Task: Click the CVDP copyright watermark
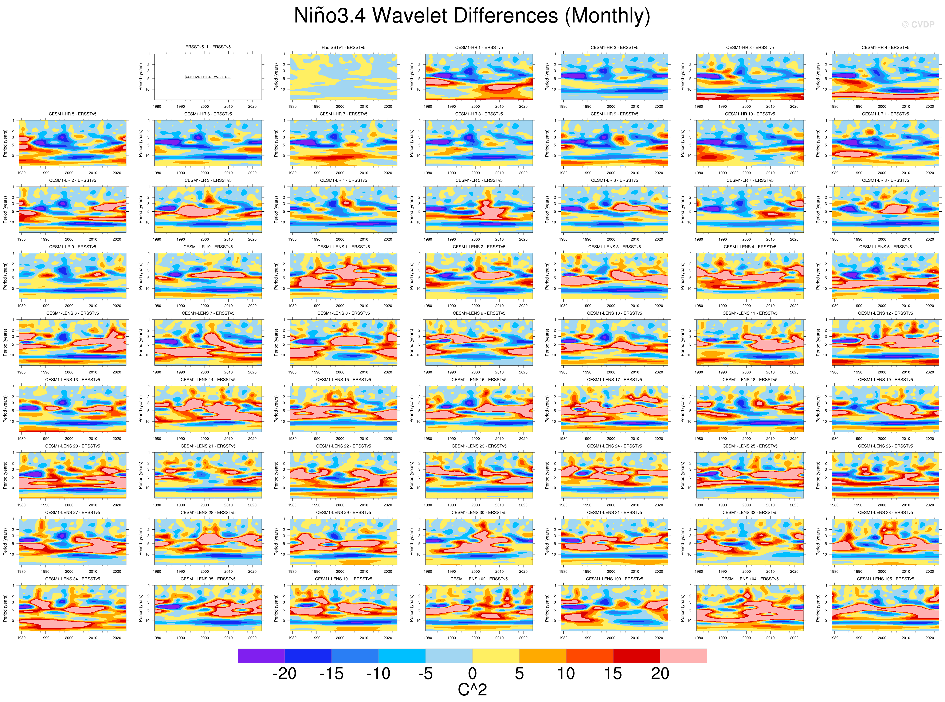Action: (x=918, y=25)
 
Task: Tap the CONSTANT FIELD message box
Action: (x=208, y=77)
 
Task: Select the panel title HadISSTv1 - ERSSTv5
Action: (x=343, y=48)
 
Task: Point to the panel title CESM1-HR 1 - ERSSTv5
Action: (x=479, y=48)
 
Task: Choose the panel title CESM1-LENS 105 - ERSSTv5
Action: (x=885, y=579)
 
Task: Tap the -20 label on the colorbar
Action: (x=284, y=674)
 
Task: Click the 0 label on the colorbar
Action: (x=472, y=674)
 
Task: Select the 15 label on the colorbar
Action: (x=613, y=674)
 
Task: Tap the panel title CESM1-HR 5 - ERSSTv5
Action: (x=73, y=114)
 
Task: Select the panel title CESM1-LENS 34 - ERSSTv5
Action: (x=73, y=579)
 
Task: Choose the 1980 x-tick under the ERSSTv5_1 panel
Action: (x=157, y=107)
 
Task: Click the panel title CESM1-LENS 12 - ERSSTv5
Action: (x=885, y=313)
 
